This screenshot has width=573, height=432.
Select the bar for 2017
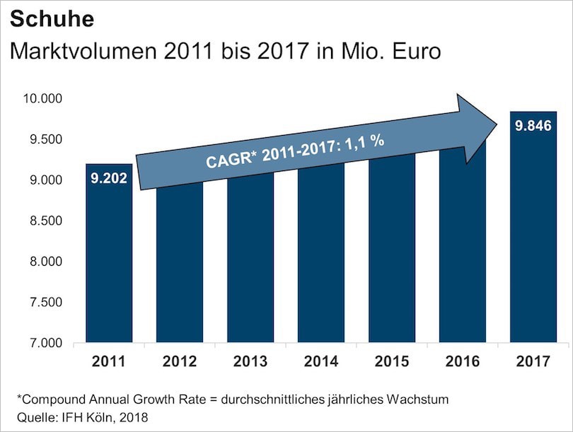[533, 240]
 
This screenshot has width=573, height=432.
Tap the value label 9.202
[109, 177]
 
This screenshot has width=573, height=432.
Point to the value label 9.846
[533, 127]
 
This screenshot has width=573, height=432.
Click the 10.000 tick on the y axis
[43, 98]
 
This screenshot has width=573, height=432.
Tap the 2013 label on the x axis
[250, 362]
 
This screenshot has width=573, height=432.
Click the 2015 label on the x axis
[391, 362]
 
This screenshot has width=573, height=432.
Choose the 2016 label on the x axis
[462, 362]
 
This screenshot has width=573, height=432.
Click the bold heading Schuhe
[52, 19]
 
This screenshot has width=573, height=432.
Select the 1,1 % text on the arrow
[364, 142]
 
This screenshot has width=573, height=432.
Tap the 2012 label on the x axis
[180, 362]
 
